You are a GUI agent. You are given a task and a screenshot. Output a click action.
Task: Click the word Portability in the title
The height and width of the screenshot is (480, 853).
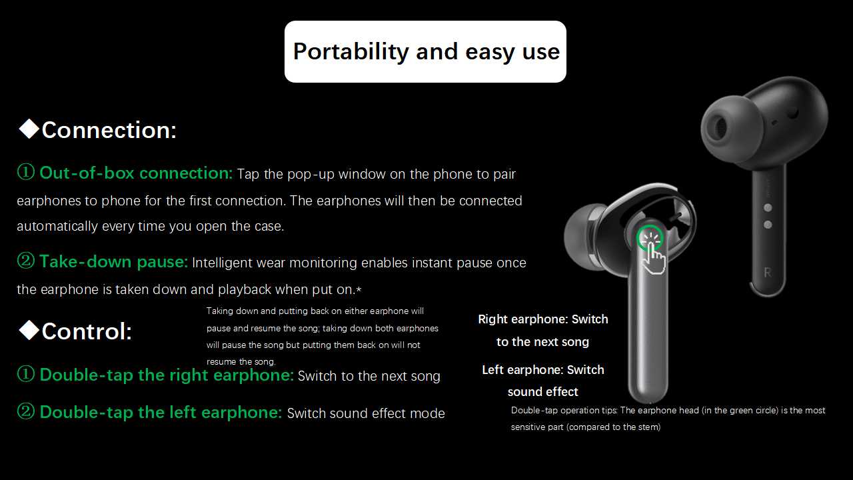pos(351,52)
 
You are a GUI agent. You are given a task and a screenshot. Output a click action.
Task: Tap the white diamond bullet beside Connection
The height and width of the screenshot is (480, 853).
pos(29,129)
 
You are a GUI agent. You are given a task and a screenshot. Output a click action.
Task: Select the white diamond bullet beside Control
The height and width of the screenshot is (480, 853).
pos(29,330)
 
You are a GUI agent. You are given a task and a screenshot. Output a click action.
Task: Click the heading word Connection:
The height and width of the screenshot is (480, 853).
pos(109,130)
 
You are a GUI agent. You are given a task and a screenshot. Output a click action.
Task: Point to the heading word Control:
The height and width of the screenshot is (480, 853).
pos(87,331)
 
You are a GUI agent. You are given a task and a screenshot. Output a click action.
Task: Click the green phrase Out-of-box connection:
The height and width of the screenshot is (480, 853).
pos(136,173)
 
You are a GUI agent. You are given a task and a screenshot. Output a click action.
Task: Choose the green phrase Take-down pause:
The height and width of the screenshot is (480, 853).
pos(114,262)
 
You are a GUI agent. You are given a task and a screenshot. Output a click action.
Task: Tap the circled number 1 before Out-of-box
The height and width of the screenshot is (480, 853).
pos(26,172)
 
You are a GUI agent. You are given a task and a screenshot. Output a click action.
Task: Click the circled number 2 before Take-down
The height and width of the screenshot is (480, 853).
pos(26,261)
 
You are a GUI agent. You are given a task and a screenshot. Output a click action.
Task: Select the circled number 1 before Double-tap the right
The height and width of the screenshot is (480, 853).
pos(26,374)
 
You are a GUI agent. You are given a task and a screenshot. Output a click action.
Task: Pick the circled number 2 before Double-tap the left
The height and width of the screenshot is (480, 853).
pos(26,411)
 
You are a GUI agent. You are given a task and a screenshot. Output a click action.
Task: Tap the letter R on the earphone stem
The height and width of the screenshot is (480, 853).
pos(768,273)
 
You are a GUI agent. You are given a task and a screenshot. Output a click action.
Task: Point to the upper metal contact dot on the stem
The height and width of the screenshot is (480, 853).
pos(768,207)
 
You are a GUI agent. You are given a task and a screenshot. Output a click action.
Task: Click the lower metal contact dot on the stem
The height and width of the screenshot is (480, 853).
pos(768,225)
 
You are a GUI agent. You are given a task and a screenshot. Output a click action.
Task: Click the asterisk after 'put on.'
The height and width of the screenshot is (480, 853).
pos(359,290)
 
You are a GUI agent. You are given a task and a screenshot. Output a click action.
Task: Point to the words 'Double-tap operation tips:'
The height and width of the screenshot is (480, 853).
pos(564,411)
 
